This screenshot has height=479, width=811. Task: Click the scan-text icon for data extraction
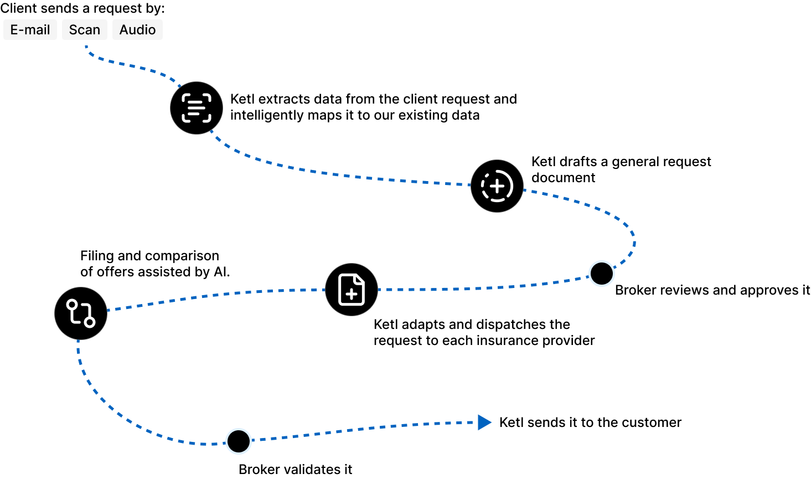pos(197,108)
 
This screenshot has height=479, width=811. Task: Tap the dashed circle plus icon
pos(497,186)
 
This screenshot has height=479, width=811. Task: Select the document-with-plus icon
pos(352,290)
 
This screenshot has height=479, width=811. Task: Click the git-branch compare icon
pos(81,313)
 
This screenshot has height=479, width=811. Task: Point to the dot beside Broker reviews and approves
pos(602,273)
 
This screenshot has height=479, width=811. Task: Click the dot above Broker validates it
pos(239,441)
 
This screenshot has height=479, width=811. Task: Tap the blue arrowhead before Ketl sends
pos(484,423)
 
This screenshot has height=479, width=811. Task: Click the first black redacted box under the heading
pos(30,30)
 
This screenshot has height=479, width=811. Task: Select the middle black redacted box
pos(84,30)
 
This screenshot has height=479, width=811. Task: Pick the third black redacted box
pos(137,30)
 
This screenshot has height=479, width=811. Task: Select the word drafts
pos(578,162)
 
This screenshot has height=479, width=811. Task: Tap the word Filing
pos(96,256)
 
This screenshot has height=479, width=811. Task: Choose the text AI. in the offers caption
pos(221,272)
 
